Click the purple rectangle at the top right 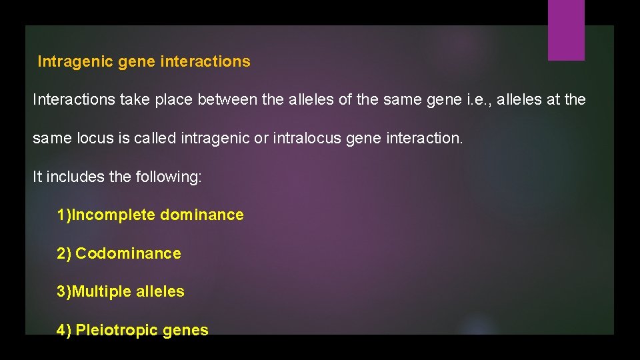[x=566, y=29]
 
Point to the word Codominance [x=128, y=254]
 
